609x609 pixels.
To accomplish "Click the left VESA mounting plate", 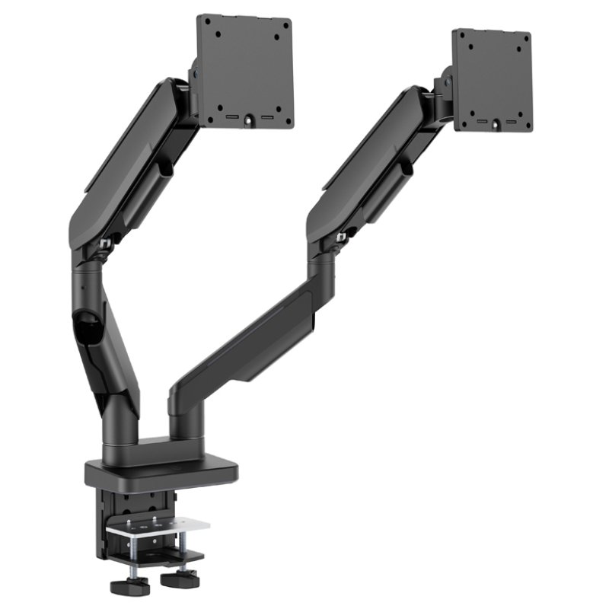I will pos(244,72).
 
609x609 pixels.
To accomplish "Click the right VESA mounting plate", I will pos(492,81).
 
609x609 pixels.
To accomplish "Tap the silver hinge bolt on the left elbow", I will pos(105,244).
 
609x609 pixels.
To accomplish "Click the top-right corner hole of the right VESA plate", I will pos(521,43).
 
